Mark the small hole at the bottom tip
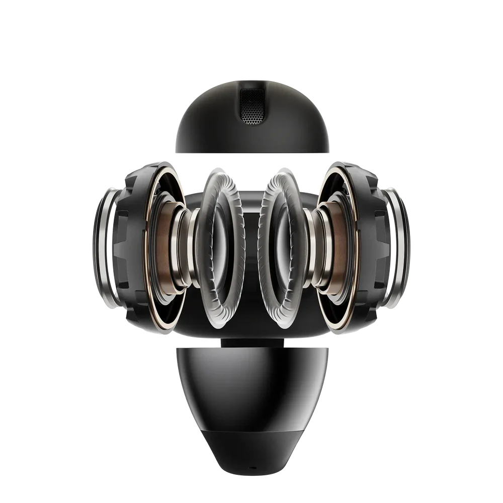[x=251, y=468]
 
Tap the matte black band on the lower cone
[x=251, y=443]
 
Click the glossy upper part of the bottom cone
[x=251, y=382]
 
